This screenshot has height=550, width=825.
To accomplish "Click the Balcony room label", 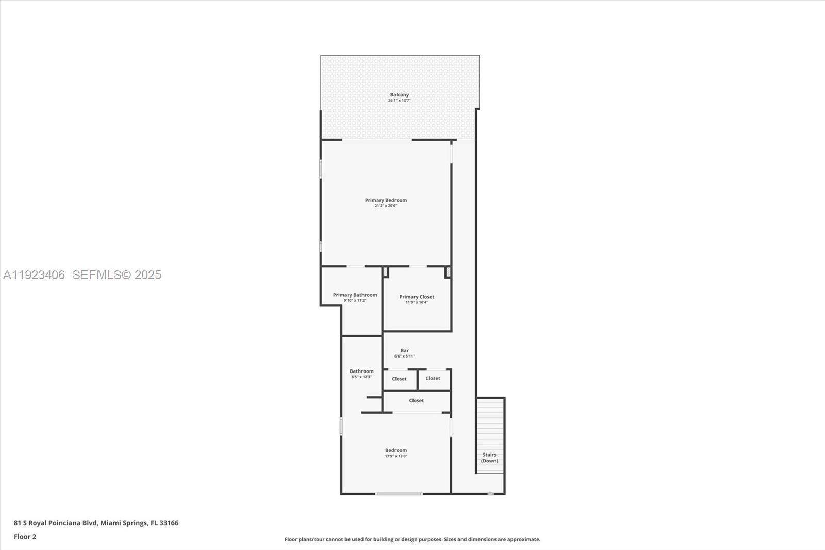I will (x=399, y=95).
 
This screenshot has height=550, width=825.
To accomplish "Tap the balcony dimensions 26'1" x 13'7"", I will (x=399, y=101).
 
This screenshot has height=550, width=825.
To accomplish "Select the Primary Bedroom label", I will (x=386, y=200).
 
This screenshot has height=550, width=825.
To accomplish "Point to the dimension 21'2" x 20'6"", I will (x=386, y=206).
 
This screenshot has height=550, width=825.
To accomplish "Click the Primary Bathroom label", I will (x=355, y=295).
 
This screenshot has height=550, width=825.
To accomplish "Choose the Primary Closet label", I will (x=417, y=297).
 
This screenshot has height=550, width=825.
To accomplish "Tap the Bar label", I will (x=405, y=351).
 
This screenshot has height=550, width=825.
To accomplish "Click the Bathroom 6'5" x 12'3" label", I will (x=361, y=371).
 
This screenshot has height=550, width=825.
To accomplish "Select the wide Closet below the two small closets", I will (x=417, y=401).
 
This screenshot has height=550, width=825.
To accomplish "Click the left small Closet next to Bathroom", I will (x=399, y=379).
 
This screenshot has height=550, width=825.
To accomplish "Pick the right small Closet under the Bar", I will (x=433, y=378).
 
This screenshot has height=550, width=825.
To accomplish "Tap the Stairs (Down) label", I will (x=489, y=458).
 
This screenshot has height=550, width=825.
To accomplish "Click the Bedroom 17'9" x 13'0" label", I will (x=396, y=450).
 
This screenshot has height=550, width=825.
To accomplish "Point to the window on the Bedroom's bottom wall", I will (x=399, y=494).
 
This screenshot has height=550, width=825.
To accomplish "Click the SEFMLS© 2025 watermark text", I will (x=117, y=275).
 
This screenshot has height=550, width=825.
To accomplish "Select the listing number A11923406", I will (x=34, y=275).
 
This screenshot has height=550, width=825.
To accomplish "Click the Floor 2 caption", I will (x=25, y=537).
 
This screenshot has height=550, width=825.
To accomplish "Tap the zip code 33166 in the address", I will (x=169, y=523).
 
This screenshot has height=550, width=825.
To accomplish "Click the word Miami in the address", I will (x=110, y=523).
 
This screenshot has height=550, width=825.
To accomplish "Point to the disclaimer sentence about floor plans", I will (x=412, y=539).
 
